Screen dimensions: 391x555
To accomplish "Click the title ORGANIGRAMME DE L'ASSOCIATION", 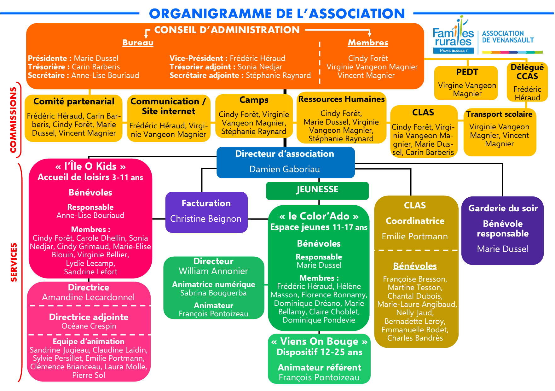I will click(x=277, y=14).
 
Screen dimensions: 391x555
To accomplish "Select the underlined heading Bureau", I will click(x=138, y=43).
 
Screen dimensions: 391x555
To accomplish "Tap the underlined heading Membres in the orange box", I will click(x=368, y=43).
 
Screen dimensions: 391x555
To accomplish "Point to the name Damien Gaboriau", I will click(x=284, y=169).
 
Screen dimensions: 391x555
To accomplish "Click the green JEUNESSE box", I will click(x=317, y=190).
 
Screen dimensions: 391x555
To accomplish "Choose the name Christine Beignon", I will click(x=205, y=219).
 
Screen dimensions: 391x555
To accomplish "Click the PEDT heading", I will click(x=467, y=72).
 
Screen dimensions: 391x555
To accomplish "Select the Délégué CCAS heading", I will click(x=527, y=72).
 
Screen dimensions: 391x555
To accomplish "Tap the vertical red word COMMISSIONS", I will click(x=13, y=120).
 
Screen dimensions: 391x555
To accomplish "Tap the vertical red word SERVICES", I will click(x=14, y=262).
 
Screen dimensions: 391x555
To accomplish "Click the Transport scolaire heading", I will click(x=499, y=114).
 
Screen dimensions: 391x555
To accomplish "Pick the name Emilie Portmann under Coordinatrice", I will click(x=414, y=236).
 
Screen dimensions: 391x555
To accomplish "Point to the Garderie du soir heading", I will click(x=503, y=208).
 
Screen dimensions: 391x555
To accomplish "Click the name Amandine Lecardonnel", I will click(x=88, y=297).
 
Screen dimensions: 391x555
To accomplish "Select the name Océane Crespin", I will click(x=89, y=326).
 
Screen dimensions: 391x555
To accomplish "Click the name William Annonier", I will click(x=213, y=271).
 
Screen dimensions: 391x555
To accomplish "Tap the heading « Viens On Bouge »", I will click(x=319, y=341).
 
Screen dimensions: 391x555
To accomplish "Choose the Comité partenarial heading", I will click(x=74, y=102).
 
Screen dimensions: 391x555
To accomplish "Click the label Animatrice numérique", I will click(x=213, y=284).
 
